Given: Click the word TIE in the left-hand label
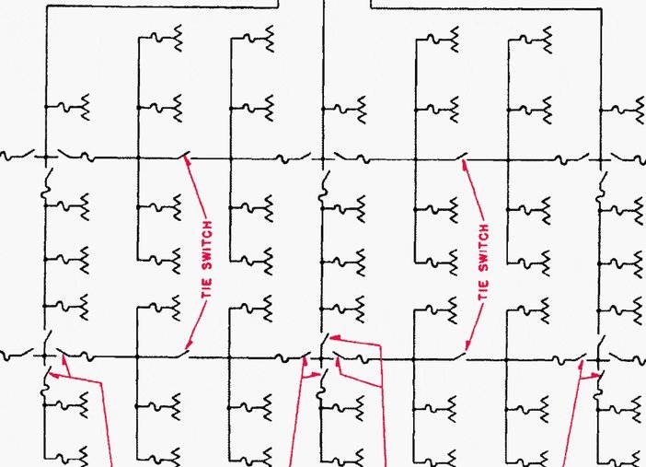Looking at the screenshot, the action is coord(207,288).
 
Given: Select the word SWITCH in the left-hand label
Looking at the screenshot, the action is coord(208,245).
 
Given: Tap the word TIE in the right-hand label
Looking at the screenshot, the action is coord(483,290).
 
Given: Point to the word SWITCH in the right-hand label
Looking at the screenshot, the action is coord(484,248).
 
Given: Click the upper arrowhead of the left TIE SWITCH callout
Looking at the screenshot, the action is coord(188,161).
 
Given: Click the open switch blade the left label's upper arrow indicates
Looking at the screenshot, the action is coord(184,155).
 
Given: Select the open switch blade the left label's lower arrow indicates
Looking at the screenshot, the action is coord(183,354).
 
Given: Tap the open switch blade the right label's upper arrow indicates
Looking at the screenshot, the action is coord(461,157).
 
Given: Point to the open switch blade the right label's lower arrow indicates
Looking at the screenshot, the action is coord(460,356).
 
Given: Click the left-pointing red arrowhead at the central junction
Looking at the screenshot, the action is coord(335,338).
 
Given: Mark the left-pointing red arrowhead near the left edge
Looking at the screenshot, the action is coord(53,375).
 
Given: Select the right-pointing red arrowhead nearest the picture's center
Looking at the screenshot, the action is coord(316,375).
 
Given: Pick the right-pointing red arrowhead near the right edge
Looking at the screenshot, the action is coord(596,375).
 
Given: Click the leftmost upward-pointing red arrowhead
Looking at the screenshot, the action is coord(63,359).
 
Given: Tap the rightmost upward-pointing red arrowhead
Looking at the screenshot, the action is coord(582,365).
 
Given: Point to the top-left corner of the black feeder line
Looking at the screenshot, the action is coord(47,6).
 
